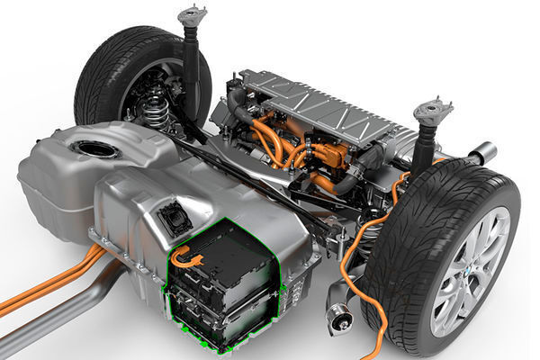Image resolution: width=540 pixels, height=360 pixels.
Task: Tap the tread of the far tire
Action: [x=99, y=72]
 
